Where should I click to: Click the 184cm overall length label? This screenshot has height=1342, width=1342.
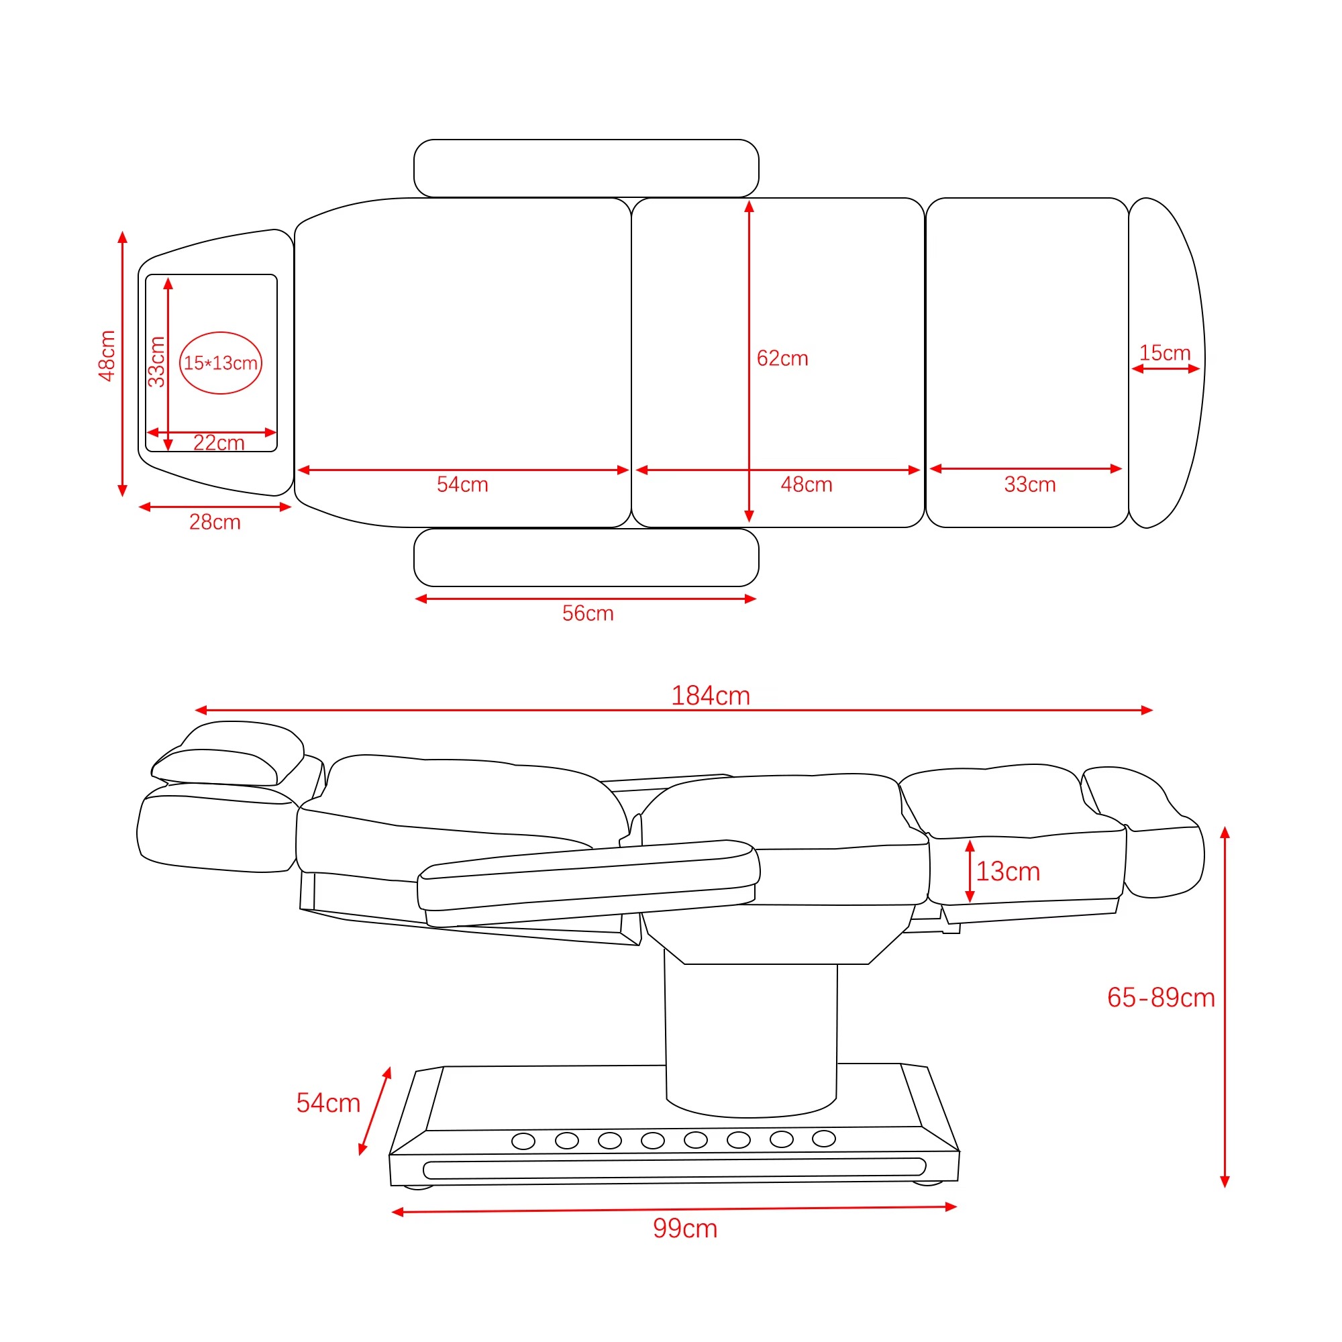[x=711, y=695]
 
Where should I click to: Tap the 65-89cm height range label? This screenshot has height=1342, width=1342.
[x=1161, y=998]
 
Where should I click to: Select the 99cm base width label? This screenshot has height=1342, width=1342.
[x=685, y=1229]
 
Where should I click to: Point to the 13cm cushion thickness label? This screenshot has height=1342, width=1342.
[x=1008, y=872]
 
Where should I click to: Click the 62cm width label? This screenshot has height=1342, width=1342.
[x=783, y=358]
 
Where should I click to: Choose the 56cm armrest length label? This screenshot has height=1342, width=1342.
[x=588, y=613]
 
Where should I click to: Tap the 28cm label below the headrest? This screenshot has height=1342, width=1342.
[x=215, y=522]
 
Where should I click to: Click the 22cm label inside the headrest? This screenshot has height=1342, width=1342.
[x=219, y=442]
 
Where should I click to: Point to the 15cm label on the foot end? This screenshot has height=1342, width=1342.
[x=1165, y=353]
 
